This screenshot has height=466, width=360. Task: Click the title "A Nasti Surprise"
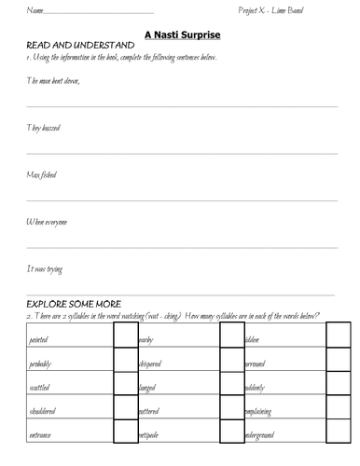(x=181, y=33)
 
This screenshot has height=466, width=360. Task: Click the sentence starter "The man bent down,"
(x=52, y=80)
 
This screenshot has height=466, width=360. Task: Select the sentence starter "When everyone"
(x=47, y=222)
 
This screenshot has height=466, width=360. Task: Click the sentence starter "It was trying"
(x=44, y=268)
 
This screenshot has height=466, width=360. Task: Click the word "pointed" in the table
(x=42, y=340)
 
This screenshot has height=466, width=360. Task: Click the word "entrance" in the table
(x=44, y=434)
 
